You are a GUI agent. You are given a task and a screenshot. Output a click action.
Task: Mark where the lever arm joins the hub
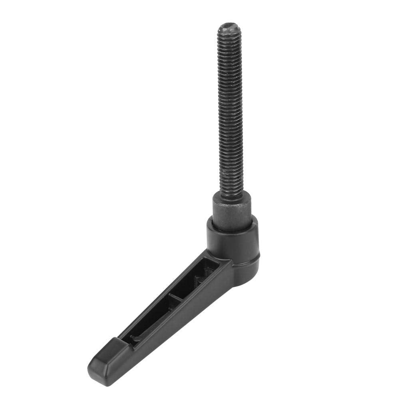226,266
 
